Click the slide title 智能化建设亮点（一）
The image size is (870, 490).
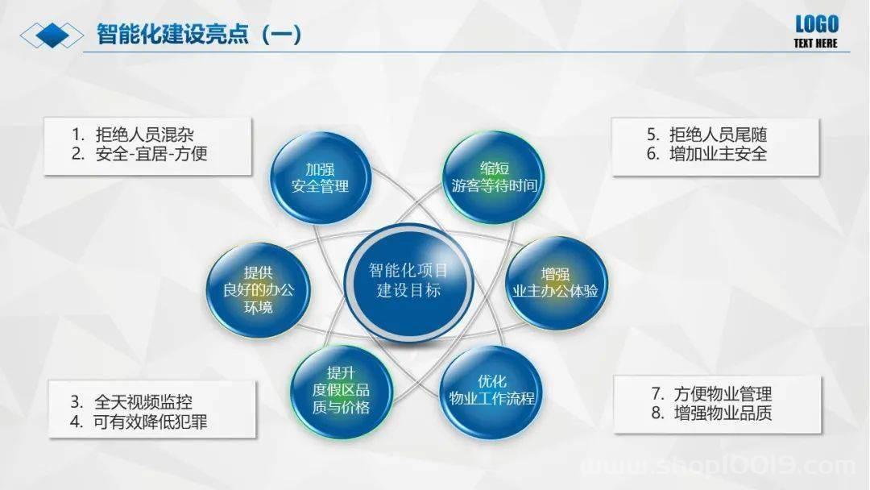coord(199,35)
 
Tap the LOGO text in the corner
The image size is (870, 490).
coord(816,24)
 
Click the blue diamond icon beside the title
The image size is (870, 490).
coord(52,35)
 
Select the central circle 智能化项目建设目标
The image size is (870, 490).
coord(408,281)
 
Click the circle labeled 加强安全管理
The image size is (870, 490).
coord(320,177)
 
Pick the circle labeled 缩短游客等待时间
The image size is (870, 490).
coord(494,177)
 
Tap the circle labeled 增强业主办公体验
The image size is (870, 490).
coord(555,283)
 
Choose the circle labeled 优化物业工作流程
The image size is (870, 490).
coord(491,391)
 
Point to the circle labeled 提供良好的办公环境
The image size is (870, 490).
coord(258,289)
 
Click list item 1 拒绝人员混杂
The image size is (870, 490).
coord(133,135)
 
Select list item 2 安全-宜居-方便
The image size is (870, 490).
coord(139,154)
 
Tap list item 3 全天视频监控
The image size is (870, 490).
coord(131,402)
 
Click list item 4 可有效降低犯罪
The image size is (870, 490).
coord(139,421)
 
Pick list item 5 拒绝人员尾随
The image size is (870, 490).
coord(707,135)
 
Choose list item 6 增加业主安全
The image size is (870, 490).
coord(707,154)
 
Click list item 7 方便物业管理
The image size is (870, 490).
coord(712,394)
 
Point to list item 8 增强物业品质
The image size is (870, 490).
coord(712,413)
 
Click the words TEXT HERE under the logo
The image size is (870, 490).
coord(815,44)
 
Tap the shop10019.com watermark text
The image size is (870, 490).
coord(719,465)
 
